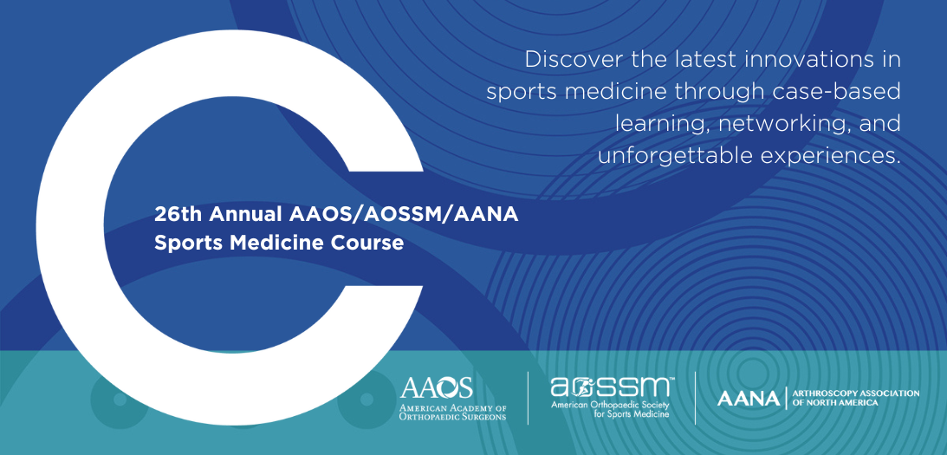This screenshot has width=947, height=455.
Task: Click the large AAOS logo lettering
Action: pos(436,387)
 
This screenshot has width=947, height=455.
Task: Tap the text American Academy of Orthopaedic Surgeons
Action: pos(452,413)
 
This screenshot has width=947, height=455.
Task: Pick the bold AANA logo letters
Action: pos(749,400)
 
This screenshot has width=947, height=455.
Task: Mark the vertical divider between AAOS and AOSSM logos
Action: pos(528,398)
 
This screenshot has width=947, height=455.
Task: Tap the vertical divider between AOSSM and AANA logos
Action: pos(695,398)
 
